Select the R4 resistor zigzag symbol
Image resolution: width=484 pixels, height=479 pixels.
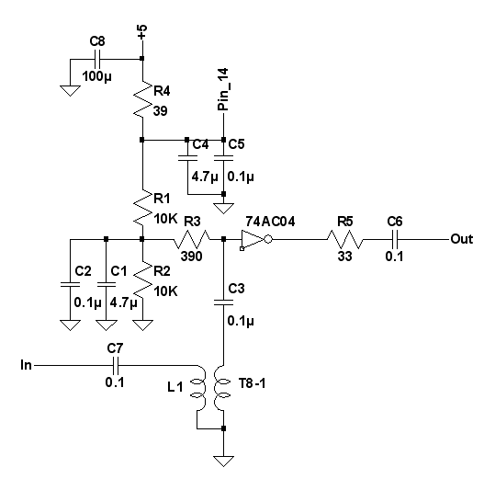tap(142, 99)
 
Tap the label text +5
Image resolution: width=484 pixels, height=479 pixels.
tap(142, 32)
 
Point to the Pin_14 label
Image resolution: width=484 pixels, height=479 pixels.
tap(223, 89)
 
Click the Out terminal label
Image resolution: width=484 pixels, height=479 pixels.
tap(462, 239)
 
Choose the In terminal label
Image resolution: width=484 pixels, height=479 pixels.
tap(27, 365)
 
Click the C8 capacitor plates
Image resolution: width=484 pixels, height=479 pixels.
tap(97, 59)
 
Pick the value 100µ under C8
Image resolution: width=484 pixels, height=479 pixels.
tap(96, 76)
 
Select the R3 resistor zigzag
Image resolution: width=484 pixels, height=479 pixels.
tap(192, 239)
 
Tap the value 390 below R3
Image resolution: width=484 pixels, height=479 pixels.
tap(192, 257)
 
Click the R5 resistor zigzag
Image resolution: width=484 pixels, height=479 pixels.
tap(344, 239)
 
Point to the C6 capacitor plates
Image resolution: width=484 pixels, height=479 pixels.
tap(395, 239)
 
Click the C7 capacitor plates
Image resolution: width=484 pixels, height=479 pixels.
tap(116, 366)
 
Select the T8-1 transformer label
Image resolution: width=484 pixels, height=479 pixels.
tap(252, 383)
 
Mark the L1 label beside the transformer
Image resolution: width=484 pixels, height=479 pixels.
tap(175, 386)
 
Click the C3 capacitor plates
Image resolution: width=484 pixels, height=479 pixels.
tap(224, 302)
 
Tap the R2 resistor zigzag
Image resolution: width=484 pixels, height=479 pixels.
tap(142, 280)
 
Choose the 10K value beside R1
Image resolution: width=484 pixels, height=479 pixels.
tap(165, 219)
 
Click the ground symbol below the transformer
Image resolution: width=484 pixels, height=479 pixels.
tap(223, 462)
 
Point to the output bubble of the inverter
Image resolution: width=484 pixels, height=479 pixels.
tap(268, 239)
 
